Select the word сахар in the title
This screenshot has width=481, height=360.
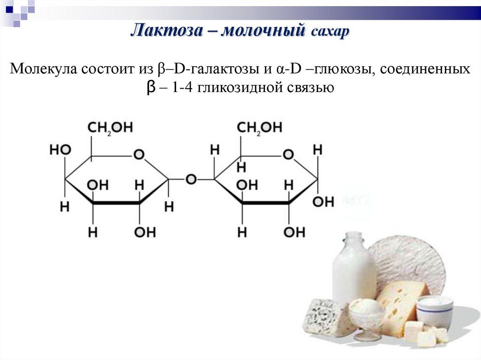pos(330,32)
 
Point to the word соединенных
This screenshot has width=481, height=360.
pos(425,69)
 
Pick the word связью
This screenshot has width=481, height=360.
pos(310,88)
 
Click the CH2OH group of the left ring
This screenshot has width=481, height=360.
pos(110,128)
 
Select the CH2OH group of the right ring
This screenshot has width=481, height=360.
pos(259,128)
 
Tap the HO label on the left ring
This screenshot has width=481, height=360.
pos(60,150)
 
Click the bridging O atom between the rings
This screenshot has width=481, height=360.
pos(191,179)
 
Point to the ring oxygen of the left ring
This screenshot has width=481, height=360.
pos(139,154)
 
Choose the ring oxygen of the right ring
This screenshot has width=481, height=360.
pos(288,154)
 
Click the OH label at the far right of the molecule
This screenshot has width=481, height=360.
pos(324,202)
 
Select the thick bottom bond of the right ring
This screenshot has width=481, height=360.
pos(265,203)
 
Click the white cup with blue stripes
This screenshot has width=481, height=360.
pos(434,312)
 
